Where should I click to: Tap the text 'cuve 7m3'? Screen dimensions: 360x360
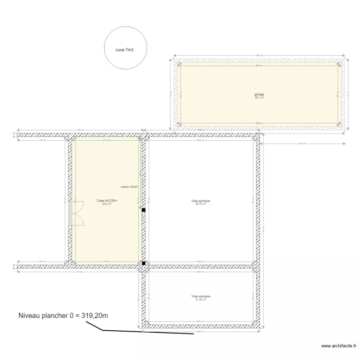click(125, 49)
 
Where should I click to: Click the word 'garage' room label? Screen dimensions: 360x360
click(259, 95)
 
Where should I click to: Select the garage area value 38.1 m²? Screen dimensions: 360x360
click(259, 97)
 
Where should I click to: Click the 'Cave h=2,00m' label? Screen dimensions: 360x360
click(107, 201)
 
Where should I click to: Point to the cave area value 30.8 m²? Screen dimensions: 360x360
click(107, 204)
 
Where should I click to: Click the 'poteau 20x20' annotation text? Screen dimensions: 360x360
click(129, 187)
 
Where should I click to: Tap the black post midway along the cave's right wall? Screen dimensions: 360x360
click(143, 209)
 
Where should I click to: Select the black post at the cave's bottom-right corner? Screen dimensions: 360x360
click(143, 263)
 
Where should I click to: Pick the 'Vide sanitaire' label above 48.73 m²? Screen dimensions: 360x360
click(201, 201)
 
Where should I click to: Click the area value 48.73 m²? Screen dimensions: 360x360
click(201, 204)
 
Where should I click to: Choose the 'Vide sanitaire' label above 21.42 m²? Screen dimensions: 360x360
click(201, 296)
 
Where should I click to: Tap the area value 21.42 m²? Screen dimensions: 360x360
click(201, 300)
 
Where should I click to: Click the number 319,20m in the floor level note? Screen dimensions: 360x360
click(91, 315)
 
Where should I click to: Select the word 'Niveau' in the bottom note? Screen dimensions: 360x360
click(30, 315)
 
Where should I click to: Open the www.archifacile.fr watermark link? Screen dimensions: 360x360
click(338, 346)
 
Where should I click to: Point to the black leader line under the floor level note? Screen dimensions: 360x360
click(144, 331)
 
